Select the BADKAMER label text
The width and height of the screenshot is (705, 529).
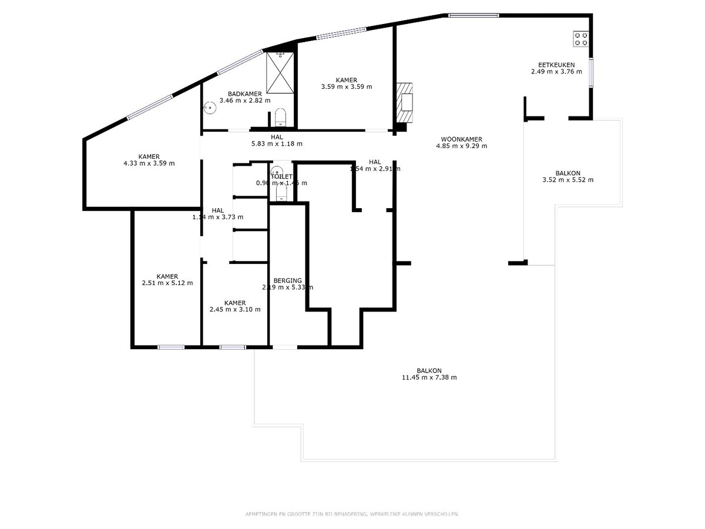point(245,93)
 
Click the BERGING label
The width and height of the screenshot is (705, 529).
point(287,280)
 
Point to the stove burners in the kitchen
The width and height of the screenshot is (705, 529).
point(582,39)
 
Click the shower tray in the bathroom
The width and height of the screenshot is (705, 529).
point(280,73)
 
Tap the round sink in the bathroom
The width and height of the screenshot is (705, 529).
point(208,108)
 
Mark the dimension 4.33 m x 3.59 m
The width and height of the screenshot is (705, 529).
point(149,163)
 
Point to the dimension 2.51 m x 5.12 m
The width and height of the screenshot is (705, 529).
point(167,283)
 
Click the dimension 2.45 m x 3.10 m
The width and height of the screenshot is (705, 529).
point(234,309)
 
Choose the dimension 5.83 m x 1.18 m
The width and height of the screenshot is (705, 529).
point(276,143)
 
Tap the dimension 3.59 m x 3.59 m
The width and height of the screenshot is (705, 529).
point(346,87)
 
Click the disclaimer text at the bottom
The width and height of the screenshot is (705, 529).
point(352,514)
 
